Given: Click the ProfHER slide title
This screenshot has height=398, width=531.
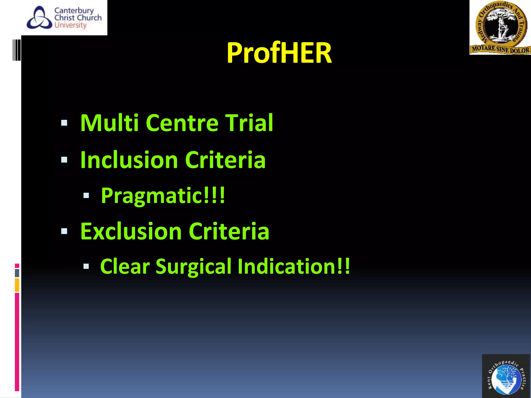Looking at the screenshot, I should [279, 53].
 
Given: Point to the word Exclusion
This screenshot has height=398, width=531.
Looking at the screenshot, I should [131, 231].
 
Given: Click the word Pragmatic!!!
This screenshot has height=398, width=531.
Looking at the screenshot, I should [163, 196].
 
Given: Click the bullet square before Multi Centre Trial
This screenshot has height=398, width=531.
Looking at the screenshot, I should [64, 123].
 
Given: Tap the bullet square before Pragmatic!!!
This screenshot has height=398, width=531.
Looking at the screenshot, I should [86, 195].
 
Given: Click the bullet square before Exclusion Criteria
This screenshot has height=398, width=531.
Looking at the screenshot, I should [64, 231].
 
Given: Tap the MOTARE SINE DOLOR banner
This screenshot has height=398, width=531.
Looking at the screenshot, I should [500, 49].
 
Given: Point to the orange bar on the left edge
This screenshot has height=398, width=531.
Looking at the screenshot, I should [17, 285].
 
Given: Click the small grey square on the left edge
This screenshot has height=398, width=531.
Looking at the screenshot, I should [17, 273].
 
